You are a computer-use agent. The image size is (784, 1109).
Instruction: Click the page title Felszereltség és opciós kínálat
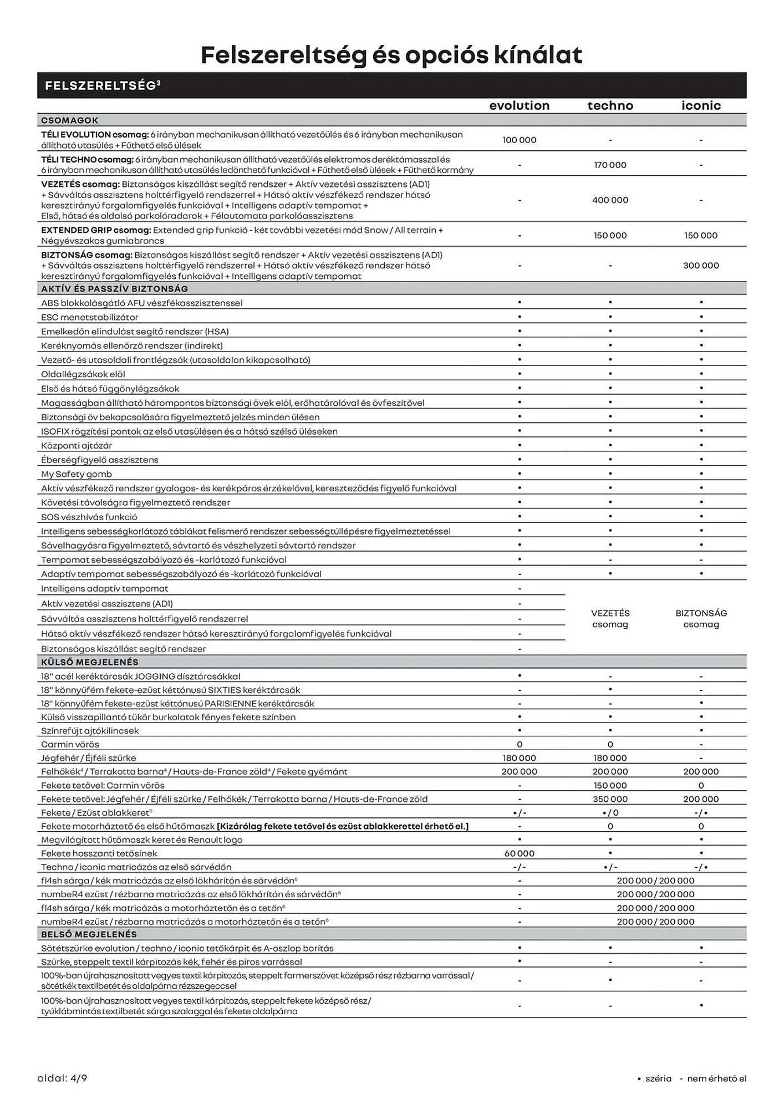click(x=391, y=55)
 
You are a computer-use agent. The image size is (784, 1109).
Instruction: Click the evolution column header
click(x=519, y=105)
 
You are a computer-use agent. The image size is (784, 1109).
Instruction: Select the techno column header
click(x=610, y=105)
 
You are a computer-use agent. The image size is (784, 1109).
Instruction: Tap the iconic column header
click(x=701, y=105)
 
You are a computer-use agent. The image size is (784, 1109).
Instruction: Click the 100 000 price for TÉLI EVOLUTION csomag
click(x=519, y=140)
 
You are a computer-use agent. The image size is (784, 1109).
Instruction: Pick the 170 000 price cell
click(x=610, y=165)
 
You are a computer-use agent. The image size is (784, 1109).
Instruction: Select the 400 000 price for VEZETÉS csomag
click(x=610, y=200)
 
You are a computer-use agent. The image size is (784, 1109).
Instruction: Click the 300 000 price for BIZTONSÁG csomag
click(x=701, y=265)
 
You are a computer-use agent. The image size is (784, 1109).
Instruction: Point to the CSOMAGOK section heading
click(x=69, y=120)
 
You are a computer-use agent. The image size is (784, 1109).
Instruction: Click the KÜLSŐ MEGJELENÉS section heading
click(x=89, y=662)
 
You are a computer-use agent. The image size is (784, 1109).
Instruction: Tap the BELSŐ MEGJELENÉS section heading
click(x=89, y=934)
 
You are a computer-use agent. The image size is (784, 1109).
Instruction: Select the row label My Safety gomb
click(x=77, y=474)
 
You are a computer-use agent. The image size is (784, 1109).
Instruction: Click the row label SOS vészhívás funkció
click(x=89, y=517)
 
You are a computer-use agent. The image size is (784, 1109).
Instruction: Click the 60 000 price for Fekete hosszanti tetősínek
click(x=519, y=853)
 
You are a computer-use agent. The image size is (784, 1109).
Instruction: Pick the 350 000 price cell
click(x=610, y=799)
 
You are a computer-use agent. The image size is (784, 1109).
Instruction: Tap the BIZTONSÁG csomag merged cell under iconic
click(x=701, y=618)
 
